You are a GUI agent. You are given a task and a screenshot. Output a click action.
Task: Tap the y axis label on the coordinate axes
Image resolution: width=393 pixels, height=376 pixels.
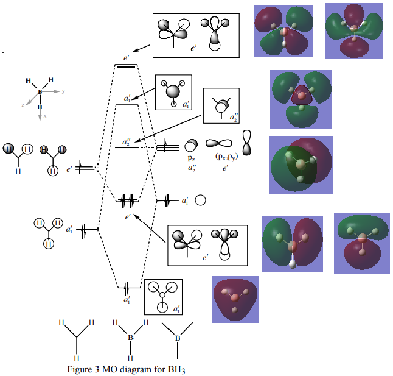(63, 90)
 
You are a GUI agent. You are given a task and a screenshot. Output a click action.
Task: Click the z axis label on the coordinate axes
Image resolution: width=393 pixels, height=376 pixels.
(23, 105)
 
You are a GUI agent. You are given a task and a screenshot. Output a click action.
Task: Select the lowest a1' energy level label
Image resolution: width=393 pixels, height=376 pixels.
(127, 300)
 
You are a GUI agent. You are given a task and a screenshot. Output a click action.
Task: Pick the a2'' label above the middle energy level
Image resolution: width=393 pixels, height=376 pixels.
(126, 142)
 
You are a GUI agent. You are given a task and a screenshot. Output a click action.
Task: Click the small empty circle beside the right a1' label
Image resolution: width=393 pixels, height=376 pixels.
(200, 200)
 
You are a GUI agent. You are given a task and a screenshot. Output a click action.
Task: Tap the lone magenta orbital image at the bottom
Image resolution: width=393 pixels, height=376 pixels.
(235, 299)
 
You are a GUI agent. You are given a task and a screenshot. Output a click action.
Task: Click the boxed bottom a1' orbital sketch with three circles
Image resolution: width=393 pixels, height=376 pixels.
(163, 297)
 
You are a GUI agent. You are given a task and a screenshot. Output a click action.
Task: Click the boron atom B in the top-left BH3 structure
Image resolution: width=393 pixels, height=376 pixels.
(40, 91)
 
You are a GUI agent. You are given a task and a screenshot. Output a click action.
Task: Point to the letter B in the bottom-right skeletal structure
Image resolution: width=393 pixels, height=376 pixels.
(178, 337)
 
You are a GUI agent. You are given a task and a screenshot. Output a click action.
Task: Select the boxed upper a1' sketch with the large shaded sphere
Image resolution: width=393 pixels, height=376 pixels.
(173, 92)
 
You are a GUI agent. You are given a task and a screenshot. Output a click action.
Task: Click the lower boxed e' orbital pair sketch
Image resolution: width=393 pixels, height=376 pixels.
(207, 245)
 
